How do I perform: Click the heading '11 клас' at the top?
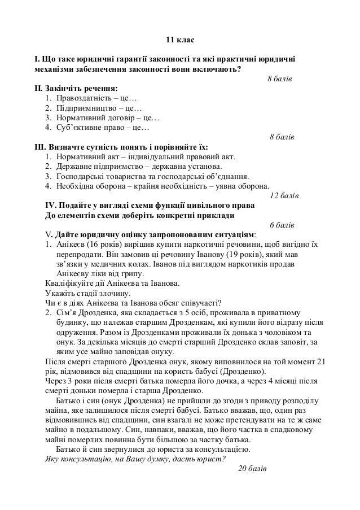[x=179, y=41]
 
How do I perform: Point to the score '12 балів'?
[x=285, y=196]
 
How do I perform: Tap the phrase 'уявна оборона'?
[x=243, y=186]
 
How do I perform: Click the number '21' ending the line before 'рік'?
[x=321, y=361]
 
